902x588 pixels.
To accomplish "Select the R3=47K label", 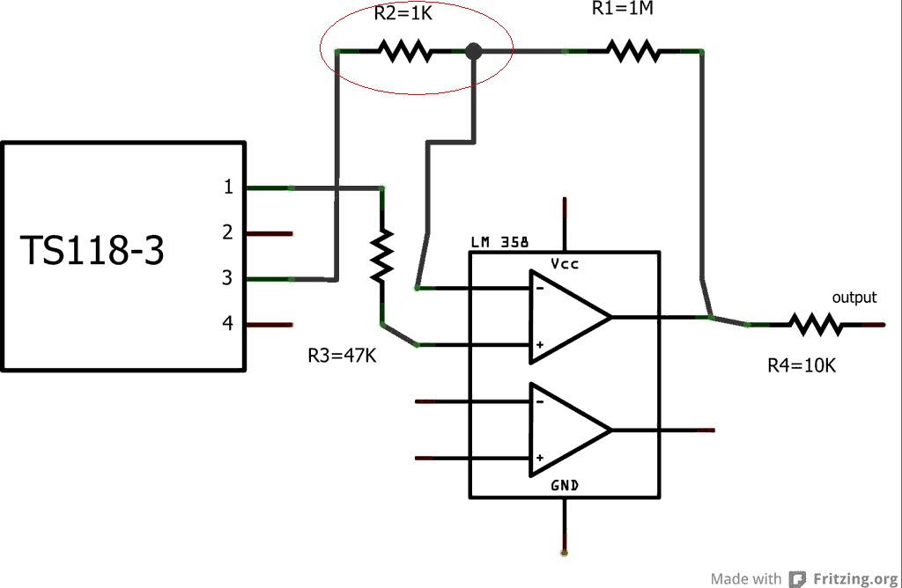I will pos(343,356).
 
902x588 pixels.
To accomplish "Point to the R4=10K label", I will pos(801,364).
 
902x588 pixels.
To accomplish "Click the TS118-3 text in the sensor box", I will pos(92,252).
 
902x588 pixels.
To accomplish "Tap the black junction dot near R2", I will pos(474,51).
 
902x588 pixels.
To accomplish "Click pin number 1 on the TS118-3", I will pos(227,187).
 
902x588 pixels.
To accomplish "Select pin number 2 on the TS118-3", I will pos(227,233).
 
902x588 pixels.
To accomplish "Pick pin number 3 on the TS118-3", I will pos(227,279).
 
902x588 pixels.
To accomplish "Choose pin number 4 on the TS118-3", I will pos(227,324).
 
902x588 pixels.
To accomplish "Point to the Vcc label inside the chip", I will pos(565,264).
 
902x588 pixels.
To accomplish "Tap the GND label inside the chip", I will pos(565,485).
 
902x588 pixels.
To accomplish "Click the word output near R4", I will pos(854,298).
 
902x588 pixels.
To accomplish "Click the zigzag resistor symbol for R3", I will pos(381,255).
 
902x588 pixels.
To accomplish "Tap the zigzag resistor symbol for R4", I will pos(816,325).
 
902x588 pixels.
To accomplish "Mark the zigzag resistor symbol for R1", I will pos(632,52).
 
